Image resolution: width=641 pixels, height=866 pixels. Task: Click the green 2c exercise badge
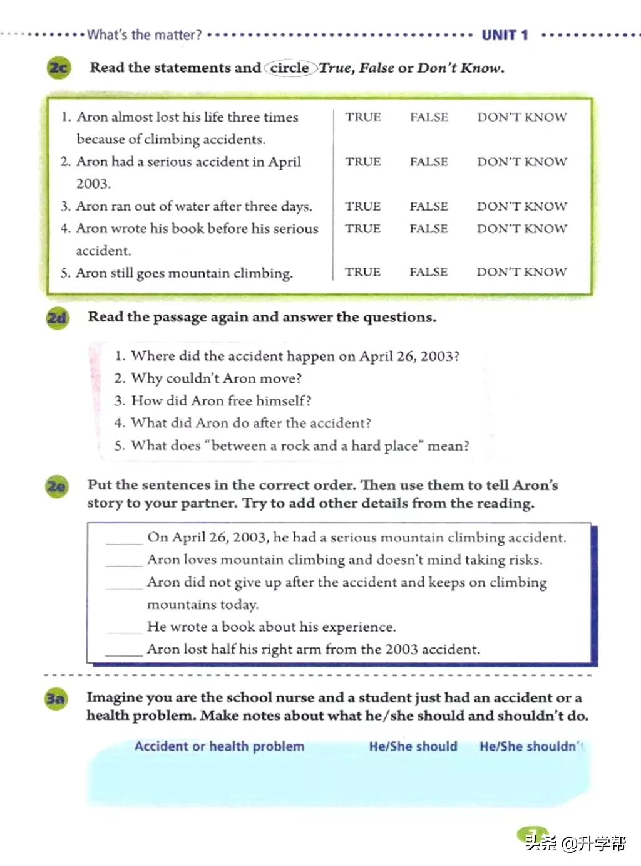coord(58,68)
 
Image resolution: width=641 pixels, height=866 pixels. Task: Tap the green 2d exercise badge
coord(57,318)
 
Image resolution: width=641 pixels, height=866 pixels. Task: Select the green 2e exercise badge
coord(56,486)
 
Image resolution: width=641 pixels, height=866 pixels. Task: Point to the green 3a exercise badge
coord(56,698)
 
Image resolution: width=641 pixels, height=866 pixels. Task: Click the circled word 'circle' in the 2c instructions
coord(290,68)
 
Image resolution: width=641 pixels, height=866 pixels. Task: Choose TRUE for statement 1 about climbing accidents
coord(363,117)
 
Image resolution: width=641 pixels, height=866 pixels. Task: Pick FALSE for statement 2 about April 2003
coord(429,162)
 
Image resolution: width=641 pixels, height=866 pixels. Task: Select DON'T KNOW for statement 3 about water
coord(521,206)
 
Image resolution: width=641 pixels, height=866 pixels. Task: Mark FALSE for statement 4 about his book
coord(429,229)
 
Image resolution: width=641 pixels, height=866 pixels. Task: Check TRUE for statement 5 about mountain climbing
coord(362,272)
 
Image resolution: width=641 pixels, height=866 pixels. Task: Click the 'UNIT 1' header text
coord(505,35)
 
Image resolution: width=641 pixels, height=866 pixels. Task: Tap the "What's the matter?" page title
coord(145,35)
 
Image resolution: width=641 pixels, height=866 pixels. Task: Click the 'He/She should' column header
coord(413,746)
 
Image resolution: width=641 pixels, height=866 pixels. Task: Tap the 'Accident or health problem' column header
coord(219,746)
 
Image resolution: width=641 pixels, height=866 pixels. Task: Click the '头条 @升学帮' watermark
coord(575,843)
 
